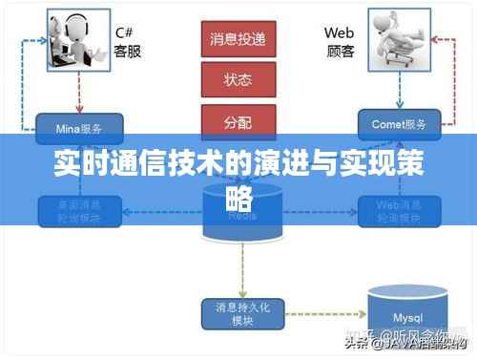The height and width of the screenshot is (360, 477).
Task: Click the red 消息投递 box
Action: (238, 39)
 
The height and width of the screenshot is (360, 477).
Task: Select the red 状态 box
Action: (238, 79)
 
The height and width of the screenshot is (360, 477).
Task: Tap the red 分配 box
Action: (238, 120)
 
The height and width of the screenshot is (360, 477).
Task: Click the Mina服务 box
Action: (80, 124)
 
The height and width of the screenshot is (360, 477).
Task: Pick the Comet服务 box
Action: (399, 124)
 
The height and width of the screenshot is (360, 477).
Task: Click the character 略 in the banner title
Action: (238, 198)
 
